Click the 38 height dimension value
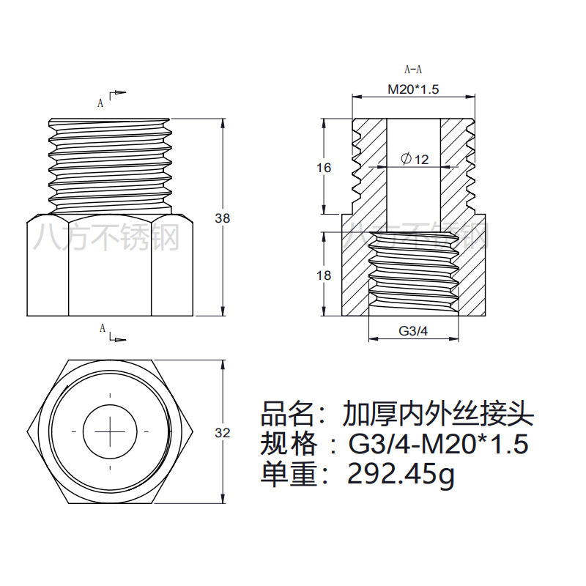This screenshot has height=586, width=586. (222, 218)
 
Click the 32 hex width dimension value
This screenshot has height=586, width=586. (222, 432)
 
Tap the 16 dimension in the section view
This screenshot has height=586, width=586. (324, 168)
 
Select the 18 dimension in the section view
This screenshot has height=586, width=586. (324, 275)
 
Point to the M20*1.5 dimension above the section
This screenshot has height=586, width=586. (412, 89)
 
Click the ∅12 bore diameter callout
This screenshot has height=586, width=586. (415, 159)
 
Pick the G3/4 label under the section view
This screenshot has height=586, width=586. (412, 331)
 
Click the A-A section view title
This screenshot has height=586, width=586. (413, 70)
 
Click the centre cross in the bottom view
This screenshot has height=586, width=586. (110, 431)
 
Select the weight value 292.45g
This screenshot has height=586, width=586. (401, 475)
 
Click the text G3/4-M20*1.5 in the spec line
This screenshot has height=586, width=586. (438, 445)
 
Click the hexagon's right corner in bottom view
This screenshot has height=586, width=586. (193, 431)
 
